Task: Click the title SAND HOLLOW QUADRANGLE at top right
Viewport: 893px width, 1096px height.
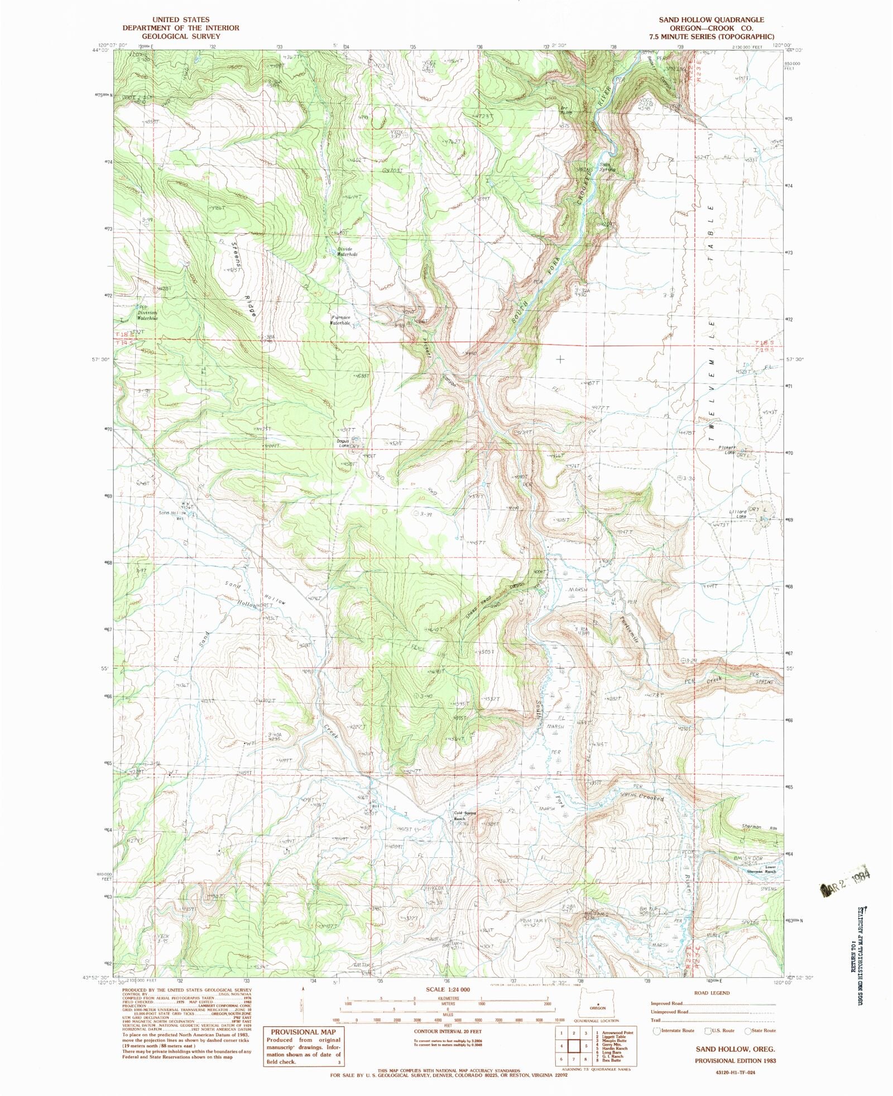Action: click(711, 20)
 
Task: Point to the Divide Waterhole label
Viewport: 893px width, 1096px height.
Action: click(347, 252)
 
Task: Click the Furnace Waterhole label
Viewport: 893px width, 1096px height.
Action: click(340, 320)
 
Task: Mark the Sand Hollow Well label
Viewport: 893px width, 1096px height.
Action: click(171, 515)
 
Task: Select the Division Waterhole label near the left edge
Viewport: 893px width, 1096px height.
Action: click(148, 315)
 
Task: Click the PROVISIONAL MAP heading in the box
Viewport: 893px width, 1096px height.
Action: click(304, 1032)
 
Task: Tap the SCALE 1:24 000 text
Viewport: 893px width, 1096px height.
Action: click(448, 989)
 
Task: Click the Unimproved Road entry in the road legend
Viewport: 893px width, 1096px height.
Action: click(669, 1011)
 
